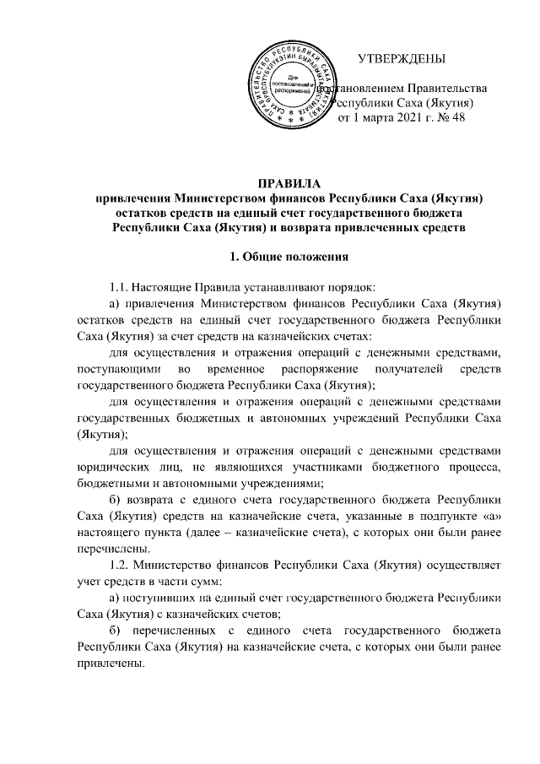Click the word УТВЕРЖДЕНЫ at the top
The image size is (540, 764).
[402, 59]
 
